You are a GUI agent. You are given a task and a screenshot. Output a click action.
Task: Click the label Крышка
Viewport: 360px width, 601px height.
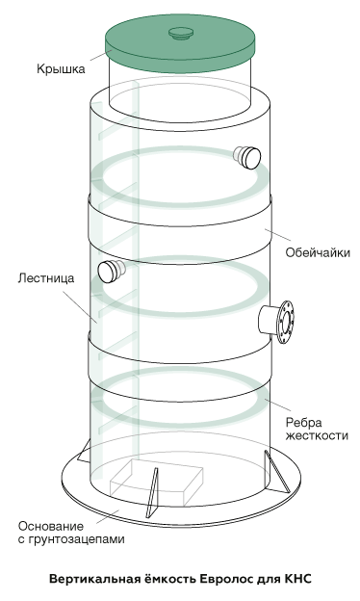coord(61,69)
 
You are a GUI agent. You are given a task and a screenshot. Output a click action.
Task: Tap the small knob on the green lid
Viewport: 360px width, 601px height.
coord(181,34)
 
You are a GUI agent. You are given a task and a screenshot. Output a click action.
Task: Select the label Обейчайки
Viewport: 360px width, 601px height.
coord(318,253)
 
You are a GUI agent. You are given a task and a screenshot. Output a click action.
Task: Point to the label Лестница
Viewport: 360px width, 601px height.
coord(46,278)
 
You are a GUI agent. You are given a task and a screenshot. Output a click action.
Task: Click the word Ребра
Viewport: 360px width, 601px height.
coord(304,423)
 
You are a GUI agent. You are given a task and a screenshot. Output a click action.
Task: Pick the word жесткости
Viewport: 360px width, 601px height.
coord(317,436)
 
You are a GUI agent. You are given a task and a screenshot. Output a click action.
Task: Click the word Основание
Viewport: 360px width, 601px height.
coord(51,526)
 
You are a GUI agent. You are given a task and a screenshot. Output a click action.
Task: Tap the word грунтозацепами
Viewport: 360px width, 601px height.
coord(77,539)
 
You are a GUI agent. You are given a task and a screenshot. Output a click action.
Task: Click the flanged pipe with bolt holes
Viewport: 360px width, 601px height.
coord(276,322)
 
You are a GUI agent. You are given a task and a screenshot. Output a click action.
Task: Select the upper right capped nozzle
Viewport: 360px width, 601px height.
coord(247,157)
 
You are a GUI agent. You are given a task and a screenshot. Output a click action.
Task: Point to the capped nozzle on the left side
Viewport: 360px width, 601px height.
coord(112,271)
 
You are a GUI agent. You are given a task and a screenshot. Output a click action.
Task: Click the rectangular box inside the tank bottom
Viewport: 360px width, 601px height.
coord(156,483)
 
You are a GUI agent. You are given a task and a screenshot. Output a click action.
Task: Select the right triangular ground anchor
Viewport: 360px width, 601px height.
coord(276,472)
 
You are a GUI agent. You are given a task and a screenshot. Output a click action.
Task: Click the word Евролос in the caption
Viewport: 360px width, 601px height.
coord(222,579)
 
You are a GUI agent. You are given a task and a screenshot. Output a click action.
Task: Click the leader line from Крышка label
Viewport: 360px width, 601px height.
coord(101,55)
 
